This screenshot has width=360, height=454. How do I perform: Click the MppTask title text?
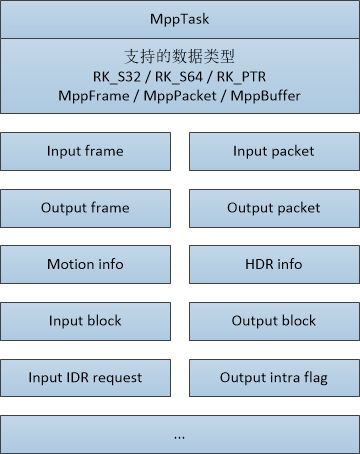(x=180, y=19)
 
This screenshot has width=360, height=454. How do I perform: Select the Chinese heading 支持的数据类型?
(x=180, y=56)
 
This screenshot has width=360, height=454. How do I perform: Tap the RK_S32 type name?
(x=117, y=77)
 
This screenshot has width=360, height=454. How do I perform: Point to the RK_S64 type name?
(x=179, y=77)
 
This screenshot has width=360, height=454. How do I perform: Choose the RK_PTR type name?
(x=241, y=77)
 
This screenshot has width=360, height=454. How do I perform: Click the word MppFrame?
(x=94, y=96)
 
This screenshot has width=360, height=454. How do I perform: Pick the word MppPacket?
(x=180, y=96)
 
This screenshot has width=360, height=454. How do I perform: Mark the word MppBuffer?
(x=266, y=96)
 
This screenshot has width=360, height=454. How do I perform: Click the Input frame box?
(x=85, y=152)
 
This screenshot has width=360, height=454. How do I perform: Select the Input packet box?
(x=274, y=152)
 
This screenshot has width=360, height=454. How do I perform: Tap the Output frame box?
(x=85, y=208)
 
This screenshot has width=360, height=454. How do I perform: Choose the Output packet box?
(x=274, y=208)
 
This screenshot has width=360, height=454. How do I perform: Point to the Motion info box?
(x=85, y=265)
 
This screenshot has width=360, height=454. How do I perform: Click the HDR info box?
(x=274, y=265)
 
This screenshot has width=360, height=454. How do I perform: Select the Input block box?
(x=85, y=321)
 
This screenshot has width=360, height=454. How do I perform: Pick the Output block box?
(x=274, y=321)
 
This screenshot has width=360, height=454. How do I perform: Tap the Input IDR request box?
(x=85, y=378)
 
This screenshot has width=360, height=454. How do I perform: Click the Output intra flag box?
(x=274, y=378)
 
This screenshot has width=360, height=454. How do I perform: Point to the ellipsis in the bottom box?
(x=179, y=438)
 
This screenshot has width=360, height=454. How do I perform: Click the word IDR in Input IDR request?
(x=78, y=378)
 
